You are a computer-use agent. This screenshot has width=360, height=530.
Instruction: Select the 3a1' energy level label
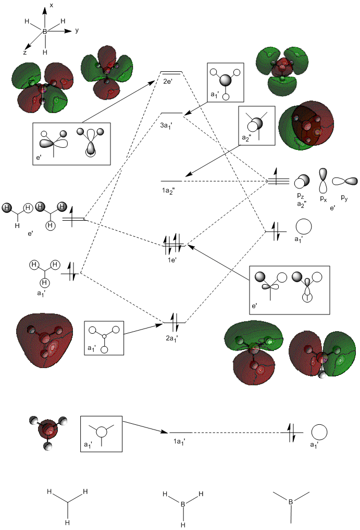point(168,125)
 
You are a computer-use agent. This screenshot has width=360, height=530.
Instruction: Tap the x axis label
point(51,5)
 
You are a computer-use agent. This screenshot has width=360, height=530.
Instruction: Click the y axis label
point(77,30)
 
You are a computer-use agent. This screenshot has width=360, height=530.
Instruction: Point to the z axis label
point(24,53)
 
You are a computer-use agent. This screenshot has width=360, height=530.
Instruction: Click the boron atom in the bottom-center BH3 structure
point(182,504)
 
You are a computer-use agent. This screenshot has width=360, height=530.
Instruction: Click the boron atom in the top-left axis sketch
point(45,32)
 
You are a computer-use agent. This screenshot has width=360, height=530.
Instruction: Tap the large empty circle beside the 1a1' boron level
point(319,433)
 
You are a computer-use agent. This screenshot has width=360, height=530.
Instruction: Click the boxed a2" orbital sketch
point(256,125)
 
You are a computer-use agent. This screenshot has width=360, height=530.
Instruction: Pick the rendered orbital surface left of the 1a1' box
point(48,432)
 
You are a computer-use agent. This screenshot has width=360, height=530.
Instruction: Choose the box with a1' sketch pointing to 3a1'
point(226,82)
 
